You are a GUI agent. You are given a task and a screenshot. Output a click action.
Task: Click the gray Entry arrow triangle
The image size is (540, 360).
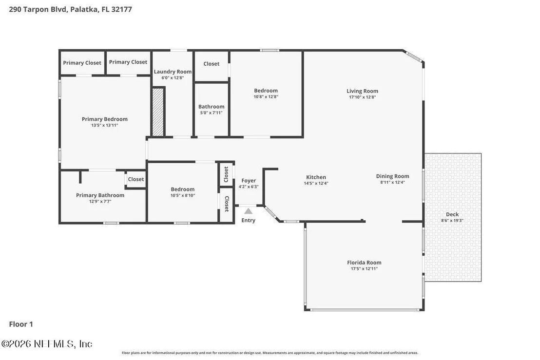click(248, 211)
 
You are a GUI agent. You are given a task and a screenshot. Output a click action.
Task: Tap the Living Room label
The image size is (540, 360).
click(362, 91)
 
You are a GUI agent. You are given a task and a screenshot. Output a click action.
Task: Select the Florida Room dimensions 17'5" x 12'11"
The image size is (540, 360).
click(364, 269)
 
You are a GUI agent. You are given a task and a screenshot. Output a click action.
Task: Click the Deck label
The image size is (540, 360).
click(452, 214)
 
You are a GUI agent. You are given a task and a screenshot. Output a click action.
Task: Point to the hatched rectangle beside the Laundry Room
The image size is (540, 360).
click(158, 112)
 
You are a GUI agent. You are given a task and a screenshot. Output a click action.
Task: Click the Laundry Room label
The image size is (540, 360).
click(173, 72)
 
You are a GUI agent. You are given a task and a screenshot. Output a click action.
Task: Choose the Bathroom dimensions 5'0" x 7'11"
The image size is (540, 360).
click(211, 113)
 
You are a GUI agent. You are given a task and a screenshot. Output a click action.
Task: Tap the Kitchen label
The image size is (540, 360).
click(316, 177)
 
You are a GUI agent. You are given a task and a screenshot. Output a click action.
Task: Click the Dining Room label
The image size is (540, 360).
click(393, 176)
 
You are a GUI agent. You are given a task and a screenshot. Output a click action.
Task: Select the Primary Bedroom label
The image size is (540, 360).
click(105, 119)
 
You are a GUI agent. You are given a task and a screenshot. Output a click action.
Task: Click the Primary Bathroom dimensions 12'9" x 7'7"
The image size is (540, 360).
click(100, 201)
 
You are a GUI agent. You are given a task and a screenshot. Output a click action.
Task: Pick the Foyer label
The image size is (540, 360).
click(249, 181)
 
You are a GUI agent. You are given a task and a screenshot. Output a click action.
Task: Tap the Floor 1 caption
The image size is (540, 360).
click(21, 324)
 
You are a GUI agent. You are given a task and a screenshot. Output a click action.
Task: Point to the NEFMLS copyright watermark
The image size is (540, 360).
click(47, 344)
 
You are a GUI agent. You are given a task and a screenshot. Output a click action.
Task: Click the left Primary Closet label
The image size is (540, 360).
click(82, 63)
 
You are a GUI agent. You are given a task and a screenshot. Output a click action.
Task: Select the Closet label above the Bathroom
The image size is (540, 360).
click(212, 64)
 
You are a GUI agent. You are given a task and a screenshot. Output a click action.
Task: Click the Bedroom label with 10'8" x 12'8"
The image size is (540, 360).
click(266, 91)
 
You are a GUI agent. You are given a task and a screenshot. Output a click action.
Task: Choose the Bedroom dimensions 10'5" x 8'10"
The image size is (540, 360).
click(183, 195)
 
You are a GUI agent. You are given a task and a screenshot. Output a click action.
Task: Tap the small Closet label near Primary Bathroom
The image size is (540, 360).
click(136, 179)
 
